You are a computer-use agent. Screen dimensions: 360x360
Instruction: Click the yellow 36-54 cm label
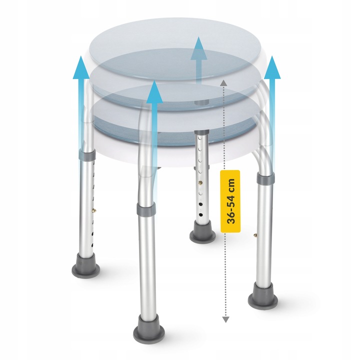pos(230,201)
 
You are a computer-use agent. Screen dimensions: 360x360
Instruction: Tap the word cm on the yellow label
pos(230,185)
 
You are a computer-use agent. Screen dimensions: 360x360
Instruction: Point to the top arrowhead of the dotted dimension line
pos(224,83)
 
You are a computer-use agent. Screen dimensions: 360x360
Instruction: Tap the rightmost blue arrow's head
pos(272,67)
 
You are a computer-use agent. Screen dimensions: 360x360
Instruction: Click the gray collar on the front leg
pos(146,209)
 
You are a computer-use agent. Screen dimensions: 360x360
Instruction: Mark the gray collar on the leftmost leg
pos(87,154)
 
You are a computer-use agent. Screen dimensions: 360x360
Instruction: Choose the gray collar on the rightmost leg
pos(265,178)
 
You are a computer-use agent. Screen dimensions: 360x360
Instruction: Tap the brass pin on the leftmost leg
pos(94,210)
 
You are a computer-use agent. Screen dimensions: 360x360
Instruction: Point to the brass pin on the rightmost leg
pos(255,234)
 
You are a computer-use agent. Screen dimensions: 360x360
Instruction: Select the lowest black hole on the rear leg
pos(201,215)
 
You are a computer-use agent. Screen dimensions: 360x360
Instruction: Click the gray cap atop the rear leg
pos(201,132)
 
